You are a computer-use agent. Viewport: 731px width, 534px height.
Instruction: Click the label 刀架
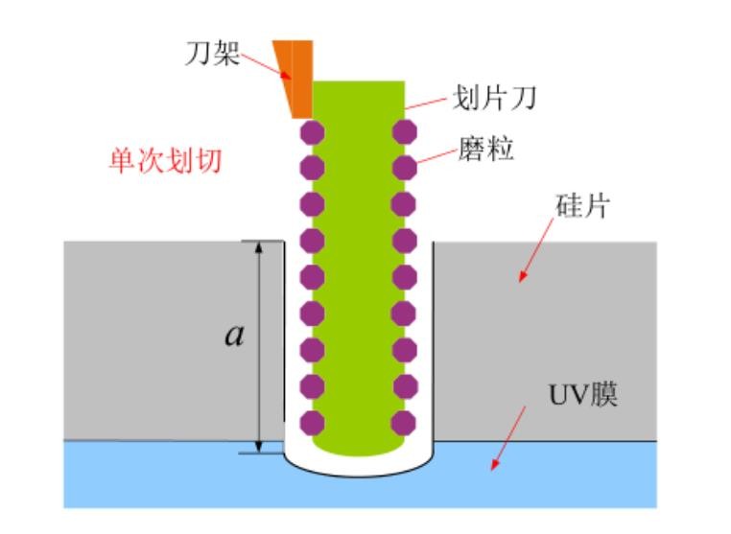(211, 54)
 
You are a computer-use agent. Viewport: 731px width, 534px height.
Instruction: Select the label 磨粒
(487, 150)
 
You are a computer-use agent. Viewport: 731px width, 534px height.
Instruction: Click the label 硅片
(581, 206)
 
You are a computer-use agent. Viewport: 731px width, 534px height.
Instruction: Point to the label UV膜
(583, 395)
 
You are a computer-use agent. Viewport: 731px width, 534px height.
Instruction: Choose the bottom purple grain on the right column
(405, 423)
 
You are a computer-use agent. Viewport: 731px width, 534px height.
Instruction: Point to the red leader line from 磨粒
(436, 157)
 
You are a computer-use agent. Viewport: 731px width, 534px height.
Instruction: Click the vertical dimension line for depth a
(259, 345)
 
